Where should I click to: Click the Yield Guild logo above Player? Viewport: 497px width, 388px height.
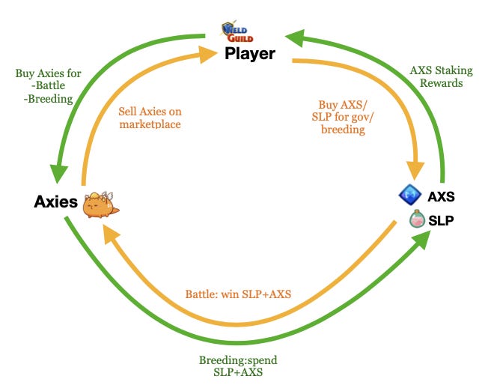237,31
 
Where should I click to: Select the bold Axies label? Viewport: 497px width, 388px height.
56,201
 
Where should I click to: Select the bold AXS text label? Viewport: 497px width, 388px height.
441,197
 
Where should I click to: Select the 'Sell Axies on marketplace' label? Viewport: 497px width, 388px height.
150,118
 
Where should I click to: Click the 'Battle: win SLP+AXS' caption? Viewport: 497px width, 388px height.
238,294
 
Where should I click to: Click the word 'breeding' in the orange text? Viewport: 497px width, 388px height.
343,129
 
